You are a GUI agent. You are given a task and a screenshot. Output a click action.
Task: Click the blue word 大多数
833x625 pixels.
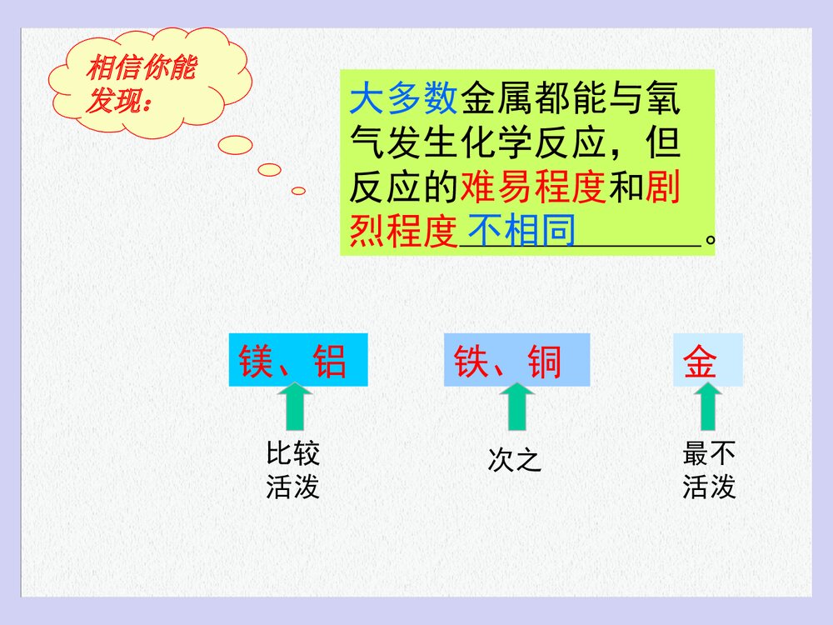click(403, 99)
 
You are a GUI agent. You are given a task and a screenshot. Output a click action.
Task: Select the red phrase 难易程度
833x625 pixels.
click(532, 188)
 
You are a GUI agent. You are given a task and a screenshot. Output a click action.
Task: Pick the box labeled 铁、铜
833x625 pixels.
click(516, 361)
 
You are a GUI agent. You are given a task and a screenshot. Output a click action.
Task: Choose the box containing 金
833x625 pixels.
click(707, 361)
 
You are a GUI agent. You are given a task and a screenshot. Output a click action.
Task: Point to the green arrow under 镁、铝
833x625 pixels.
click(293, 407)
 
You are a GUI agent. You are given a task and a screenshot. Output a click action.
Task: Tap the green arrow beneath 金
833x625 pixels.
click(708, 407)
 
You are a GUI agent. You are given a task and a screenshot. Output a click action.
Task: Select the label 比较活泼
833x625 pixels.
click(292, 471)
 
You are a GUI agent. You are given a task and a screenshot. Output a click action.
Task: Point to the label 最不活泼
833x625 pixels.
click(709, 471)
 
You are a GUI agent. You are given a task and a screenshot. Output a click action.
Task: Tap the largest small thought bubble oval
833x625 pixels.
click(235, 145)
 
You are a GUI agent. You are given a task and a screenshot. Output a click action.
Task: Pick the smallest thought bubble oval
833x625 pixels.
click(298, 191)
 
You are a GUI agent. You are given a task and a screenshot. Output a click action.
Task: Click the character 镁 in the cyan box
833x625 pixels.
click(257, 362)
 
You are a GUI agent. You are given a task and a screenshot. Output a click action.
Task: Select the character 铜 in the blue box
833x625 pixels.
click(545, 362)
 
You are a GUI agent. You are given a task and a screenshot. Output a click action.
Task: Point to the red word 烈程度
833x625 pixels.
click(403, 231)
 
